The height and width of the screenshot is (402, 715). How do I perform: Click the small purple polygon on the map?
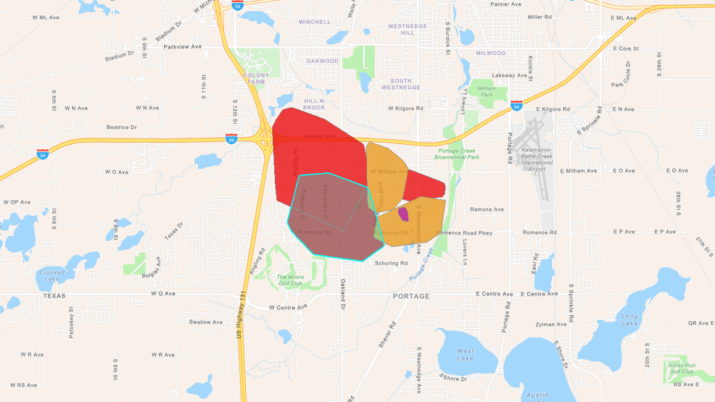(403, 214)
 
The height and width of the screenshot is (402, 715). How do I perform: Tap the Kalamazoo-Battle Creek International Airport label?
(537, 159)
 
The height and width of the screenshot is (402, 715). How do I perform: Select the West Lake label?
(466, 355)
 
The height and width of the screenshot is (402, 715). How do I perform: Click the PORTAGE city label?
(411, 296)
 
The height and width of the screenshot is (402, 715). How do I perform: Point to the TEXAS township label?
(54, 296)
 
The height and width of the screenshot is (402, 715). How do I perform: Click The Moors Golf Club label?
(289, 280)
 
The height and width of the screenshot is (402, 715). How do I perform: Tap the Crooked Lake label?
(51, 276)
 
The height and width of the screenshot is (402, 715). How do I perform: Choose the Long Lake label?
(629, 319)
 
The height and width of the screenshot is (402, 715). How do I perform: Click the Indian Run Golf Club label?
(681, 369)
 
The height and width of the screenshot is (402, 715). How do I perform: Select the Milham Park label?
(487, 91)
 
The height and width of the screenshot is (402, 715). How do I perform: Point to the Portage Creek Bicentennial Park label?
(457, 154)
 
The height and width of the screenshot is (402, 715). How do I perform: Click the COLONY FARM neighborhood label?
(256, 78)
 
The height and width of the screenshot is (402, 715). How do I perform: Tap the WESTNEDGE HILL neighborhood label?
(408, 30)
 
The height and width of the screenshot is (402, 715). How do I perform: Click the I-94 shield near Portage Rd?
(516, 106)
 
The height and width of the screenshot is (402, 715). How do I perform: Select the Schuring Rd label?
(391, 264)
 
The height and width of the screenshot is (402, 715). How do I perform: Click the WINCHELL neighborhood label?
(314, 22)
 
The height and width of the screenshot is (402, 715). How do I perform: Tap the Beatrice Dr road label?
(121, 127)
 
